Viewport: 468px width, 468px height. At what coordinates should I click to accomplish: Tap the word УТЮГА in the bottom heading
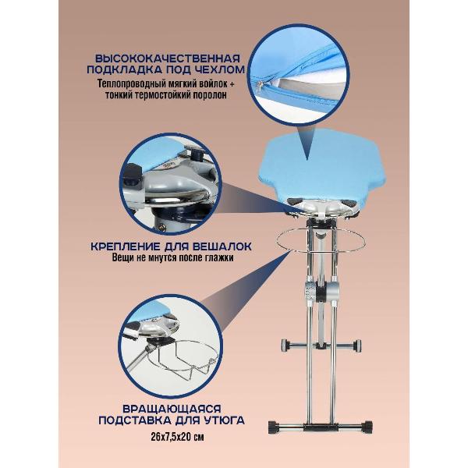225,420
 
